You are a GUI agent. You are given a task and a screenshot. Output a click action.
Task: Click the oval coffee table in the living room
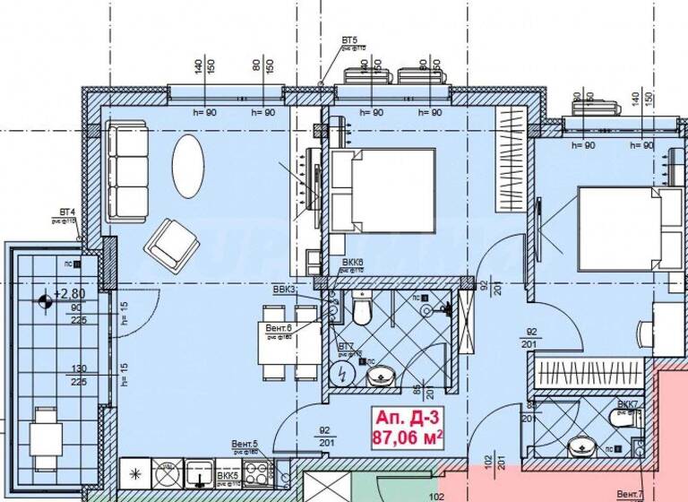pos(188,166)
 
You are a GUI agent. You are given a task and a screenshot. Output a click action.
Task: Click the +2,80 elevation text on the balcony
pos(68,293)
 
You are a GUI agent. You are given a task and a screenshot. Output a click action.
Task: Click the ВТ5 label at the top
pos(349,41)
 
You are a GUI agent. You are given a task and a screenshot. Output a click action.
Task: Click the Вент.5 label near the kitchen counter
pos(245,444)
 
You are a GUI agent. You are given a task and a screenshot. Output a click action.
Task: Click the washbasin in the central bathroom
pos(381,376)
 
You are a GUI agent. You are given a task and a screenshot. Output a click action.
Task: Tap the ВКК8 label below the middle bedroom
pos(352,263)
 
